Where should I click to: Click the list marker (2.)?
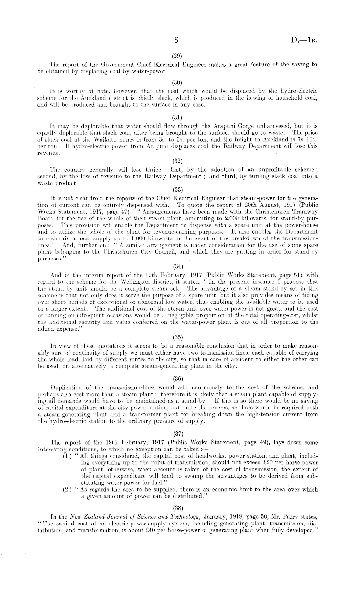click(x=67, y=490)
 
